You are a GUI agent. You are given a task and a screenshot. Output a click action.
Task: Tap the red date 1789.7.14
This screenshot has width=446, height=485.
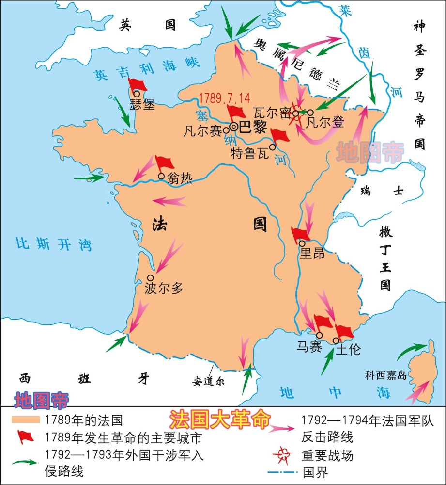(x=225, y=97)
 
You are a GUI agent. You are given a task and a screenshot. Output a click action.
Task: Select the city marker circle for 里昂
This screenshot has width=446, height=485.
(x=302, y=243)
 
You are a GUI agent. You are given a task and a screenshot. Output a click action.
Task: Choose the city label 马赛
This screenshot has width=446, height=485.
(x=309, y=347)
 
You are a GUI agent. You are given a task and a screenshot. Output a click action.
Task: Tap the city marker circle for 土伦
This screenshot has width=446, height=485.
(x=337, y=341)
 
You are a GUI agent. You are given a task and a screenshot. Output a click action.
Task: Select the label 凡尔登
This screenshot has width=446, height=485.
(x=325, y=123)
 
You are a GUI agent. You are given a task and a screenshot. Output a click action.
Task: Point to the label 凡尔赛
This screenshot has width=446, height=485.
(x=203, y=131)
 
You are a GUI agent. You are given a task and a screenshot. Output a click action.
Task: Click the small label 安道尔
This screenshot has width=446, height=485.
(x=208, y=380)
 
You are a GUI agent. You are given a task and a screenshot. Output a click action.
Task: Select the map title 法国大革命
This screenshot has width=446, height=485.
(x=218, y=420)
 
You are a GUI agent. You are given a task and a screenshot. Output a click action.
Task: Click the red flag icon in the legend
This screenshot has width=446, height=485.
(x=25, y=437)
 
